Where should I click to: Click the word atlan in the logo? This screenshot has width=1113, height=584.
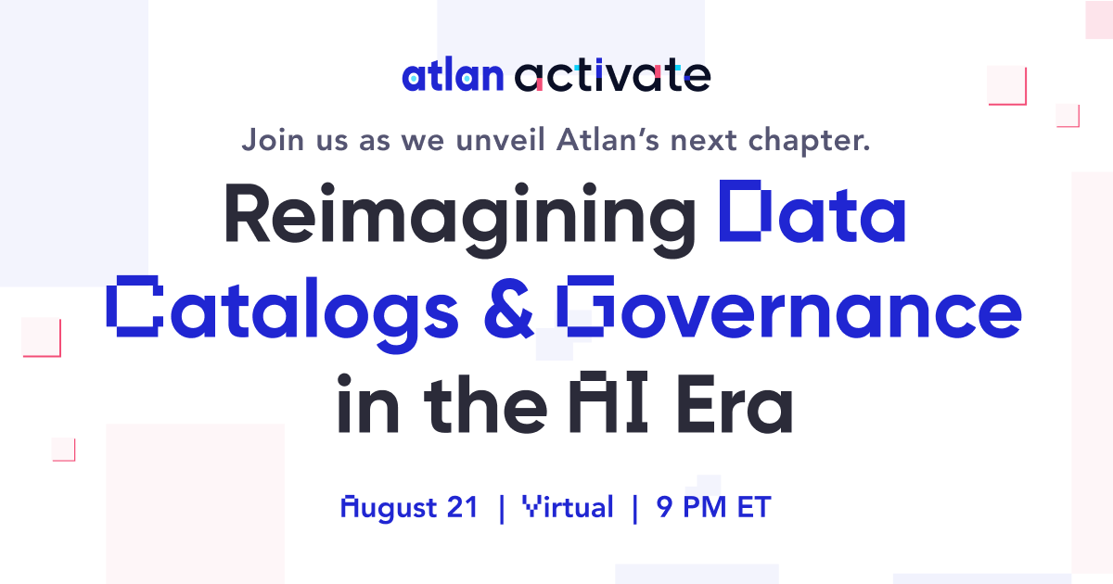452,76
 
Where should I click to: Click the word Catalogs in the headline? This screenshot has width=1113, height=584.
284,308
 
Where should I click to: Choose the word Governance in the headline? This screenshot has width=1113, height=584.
788,308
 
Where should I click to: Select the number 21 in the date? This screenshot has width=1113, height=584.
461,507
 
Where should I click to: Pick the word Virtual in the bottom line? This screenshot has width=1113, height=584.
568,507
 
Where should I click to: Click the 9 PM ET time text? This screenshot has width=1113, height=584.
713,507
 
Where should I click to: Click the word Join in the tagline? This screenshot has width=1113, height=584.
268,141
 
